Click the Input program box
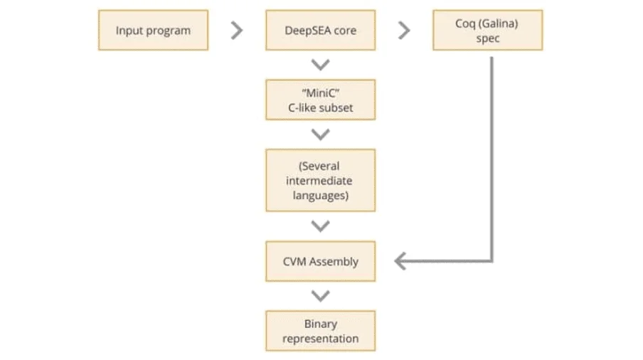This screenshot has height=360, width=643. (x=153, y=30)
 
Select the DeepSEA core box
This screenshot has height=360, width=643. (x=320, y=30)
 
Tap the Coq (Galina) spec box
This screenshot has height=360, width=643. (x=488, y=30)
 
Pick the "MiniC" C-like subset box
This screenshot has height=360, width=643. (x=320, y=100)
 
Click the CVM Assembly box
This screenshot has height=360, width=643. (x=320, y=261)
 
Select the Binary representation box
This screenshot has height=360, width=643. (x=320, y=331)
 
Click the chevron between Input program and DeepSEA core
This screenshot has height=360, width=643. (x=237, y=30)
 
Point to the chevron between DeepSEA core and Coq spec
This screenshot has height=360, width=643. (x=404, y=30)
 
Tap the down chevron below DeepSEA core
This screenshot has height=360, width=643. (x=321, y=65)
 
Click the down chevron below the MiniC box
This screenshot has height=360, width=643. (x=321, y=134)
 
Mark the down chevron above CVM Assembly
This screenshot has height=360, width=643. (x=321, y=226)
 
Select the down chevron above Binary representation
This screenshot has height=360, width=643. (x=321, y=296)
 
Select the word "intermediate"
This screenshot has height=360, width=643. (x=320, y=181)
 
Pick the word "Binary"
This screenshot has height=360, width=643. (x=320, y=324)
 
